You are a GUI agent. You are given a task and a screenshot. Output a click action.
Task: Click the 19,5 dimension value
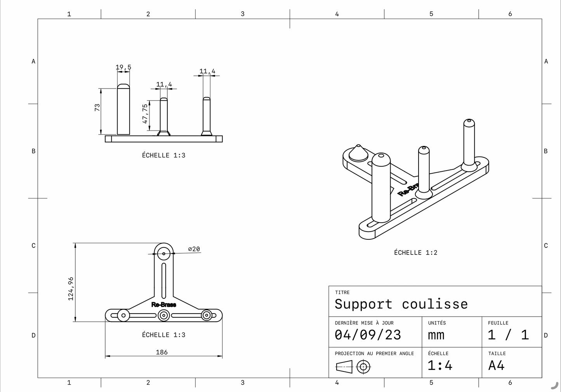tap(123, 67)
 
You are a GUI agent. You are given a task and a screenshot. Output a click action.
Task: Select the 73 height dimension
tap(97, 107)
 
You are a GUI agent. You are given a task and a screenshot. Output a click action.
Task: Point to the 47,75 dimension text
tap(145, 113)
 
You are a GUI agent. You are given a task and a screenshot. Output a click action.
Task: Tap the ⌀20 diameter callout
tap(194, 249)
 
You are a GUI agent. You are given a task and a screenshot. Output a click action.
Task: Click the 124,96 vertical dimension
tap(71, 288)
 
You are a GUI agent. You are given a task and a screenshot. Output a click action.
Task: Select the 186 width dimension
tap(162, 352)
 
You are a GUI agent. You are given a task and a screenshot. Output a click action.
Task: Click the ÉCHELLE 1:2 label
tap(415, 253)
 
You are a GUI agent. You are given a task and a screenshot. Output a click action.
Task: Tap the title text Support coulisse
tap(401, 304)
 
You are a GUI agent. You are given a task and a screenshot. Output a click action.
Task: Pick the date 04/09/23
tap(368, 335)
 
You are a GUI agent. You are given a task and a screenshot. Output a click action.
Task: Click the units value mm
tap(436, 335)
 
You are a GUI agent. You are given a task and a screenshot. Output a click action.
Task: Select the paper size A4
tap(496, 365)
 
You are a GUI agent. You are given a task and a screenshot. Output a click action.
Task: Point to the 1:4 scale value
tap(439, 365)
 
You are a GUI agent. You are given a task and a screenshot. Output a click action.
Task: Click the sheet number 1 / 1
tap(508, 335)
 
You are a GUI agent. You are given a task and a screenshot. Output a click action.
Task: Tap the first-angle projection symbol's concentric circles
tap(363, 366)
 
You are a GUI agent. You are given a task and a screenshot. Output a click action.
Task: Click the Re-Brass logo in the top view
tap(163, 305)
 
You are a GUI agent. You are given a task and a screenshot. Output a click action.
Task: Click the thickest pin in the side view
tap(123, 111)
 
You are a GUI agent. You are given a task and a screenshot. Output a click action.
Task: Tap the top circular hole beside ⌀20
tap(164, 254)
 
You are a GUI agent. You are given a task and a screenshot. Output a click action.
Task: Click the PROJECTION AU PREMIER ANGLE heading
tap(374, 354)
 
